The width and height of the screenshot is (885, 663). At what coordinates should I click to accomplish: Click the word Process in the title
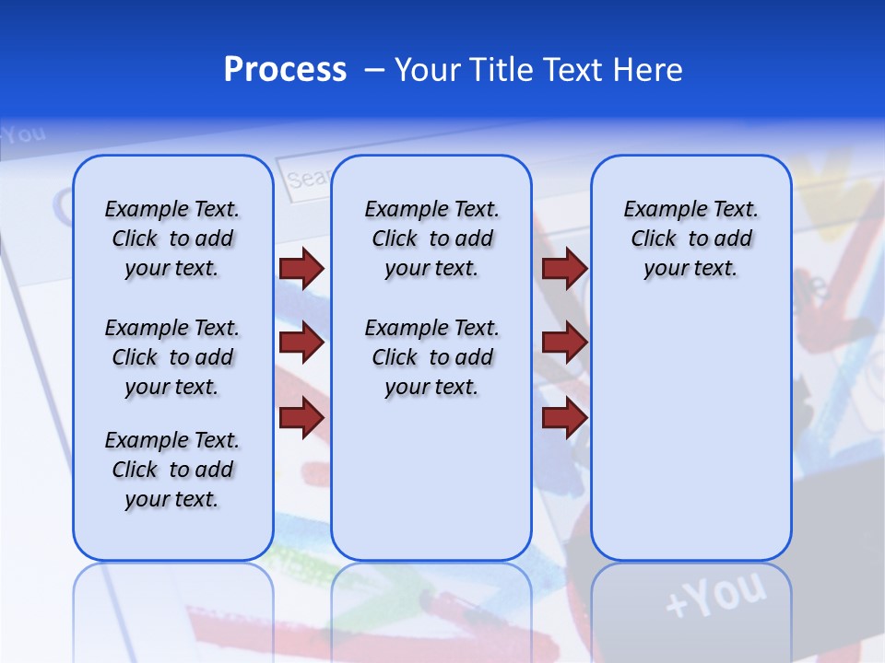(x=285, y=70)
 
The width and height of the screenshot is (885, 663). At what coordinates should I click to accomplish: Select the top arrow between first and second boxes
(x=301, y=269)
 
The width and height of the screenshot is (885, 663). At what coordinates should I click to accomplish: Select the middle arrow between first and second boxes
(x=301, y=343)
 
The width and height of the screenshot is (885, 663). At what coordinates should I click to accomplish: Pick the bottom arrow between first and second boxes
(x=301, y=418)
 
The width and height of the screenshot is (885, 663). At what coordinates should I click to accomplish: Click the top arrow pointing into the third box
(x=564, y=269)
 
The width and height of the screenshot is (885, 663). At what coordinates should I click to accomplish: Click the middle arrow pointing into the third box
(x=564, y=343)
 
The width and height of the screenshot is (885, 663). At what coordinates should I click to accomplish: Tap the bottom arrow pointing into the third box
(x=564, y=418)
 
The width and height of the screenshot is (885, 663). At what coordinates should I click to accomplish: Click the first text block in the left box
(x=172, y=238)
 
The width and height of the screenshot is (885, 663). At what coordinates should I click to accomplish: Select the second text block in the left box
(x=172, y=357)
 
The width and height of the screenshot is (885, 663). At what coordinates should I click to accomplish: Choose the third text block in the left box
(x=172, y=470)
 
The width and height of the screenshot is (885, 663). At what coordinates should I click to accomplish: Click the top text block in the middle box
(x=431, y=238)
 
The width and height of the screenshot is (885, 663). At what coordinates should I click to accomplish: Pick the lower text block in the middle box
(x=431, y=357)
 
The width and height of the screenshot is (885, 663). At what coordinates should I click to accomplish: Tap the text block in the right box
(x=690, y=238)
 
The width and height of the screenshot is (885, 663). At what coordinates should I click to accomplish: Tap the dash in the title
(x=375, y=70)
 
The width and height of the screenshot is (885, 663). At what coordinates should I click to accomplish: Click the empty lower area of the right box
(x=690, y=442)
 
